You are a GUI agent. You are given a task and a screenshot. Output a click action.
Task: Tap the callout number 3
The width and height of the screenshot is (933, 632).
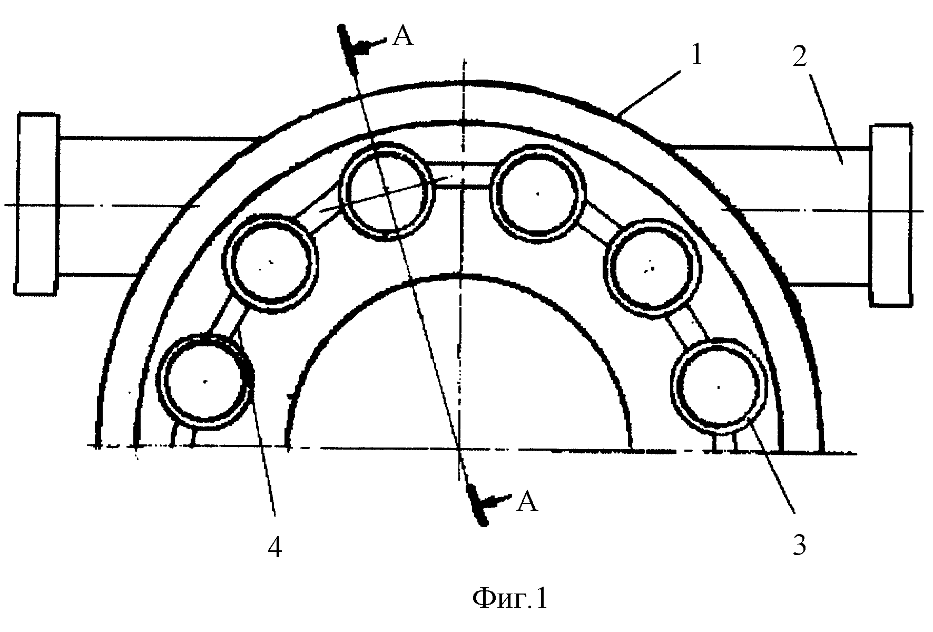pyautogui.click(x=799, y=546)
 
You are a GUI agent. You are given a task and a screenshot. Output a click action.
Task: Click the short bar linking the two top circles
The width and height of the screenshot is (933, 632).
pyautogui.click(x=463, y=175)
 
